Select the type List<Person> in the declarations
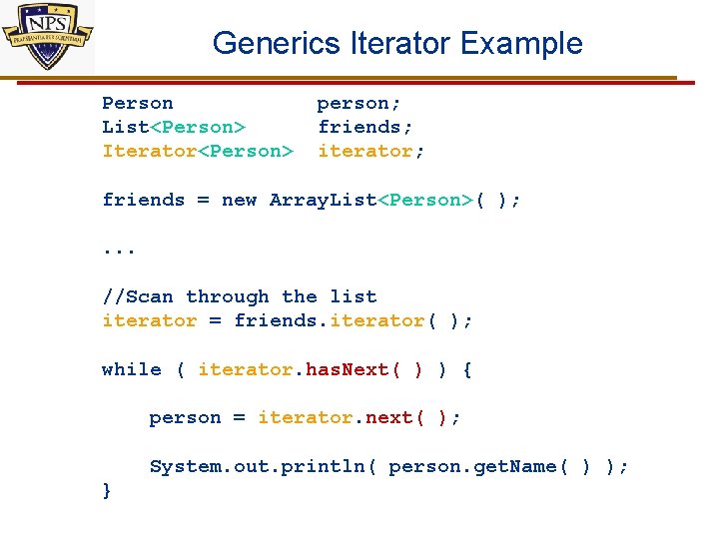click(x=174, y=127)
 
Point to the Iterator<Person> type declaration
click(x=198, y=151)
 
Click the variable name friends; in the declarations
click(x=364, y=127)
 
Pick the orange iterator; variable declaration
click(x=370, y=151)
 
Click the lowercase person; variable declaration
click(x=359, y=103)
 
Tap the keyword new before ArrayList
click(x=239, y=200)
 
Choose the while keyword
click(x=131, y=369)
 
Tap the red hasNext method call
click(x=347, y=369)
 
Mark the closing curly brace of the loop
click(x=107, y=490)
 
